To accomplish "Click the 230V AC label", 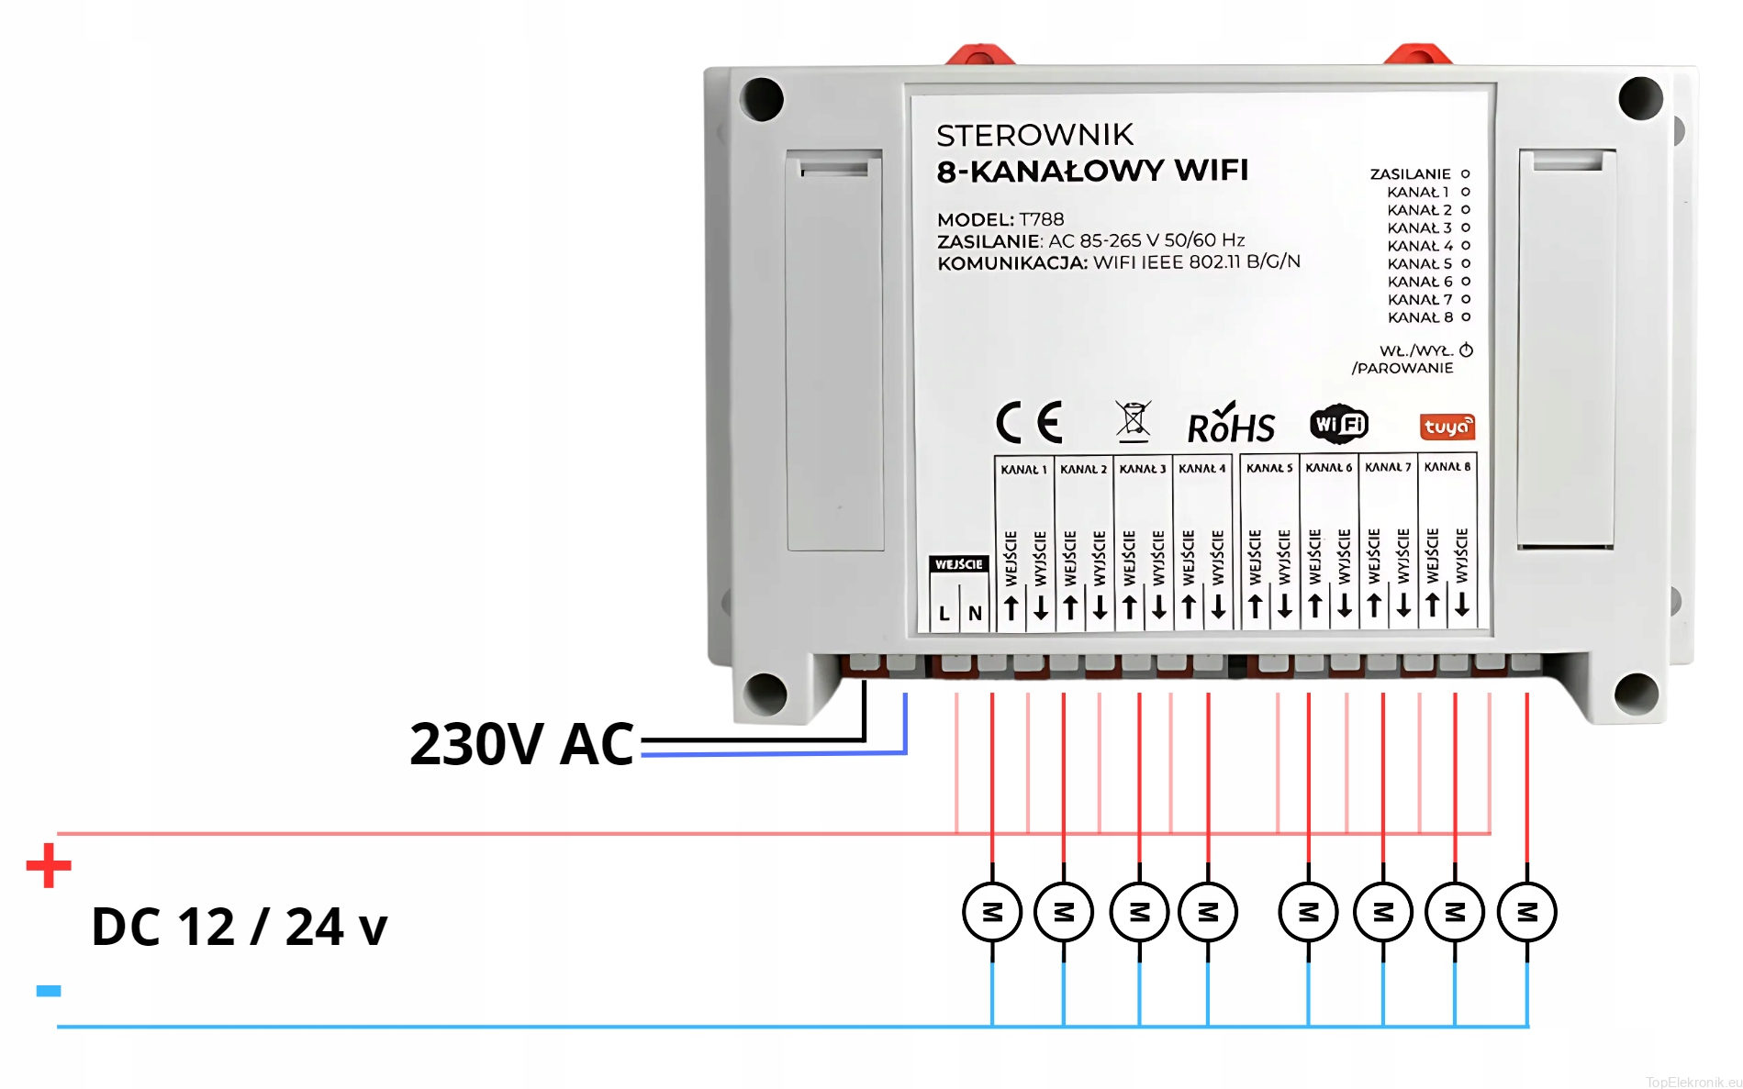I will (x=521, y=744).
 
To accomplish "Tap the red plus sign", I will (x=49, y=866).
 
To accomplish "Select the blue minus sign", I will (x=49, y=991).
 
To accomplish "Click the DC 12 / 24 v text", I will (x=240, y=927).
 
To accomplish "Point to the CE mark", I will (x=1030, y=423).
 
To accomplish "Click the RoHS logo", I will (x=1231, y=425).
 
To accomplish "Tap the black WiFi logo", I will (x=1339, y=424).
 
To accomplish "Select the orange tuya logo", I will (x=1447, y=427).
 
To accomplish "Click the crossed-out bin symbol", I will (x=1133, y=421).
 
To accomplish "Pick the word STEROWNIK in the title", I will (x=1034, y=136).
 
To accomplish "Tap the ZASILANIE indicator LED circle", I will (x=1466, y=173).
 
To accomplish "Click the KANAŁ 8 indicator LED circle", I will (x=1466, y=317).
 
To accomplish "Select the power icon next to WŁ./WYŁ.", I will (x=1467, y=350).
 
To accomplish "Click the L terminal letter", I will (x=944, y=614).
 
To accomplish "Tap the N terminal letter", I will (x=975, y=614).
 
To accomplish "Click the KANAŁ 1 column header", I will (x=1023, y=470).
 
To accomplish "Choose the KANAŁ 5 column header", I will (x=1269, y=468).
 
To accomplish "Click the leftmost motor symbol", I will (x=992, y=912).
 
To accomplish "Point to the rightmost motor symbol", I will (x=1527, y=912).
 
